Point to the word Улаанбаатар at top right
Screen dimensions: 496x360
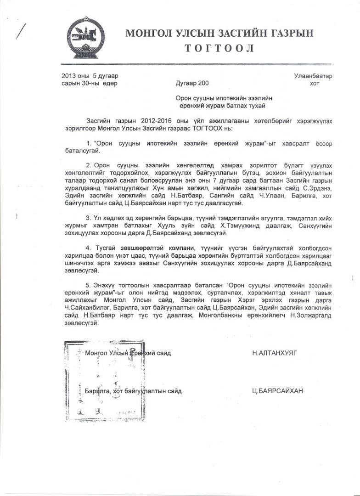point(313,76)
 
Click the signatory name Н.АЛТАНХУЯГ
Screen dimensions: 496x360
point(275,353)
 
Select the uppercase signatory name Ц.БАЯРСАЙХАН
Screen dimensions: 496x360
point(277,391)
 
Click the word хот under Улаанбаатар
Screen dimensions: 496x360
point(315,83)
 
